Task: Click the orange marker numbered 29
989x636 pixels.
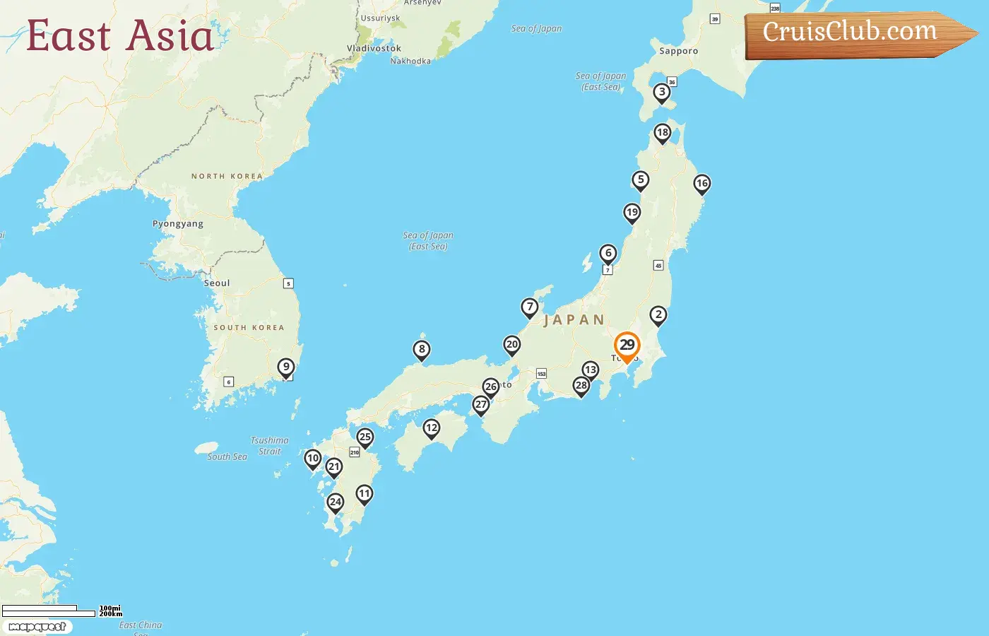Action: [x=627, y=346]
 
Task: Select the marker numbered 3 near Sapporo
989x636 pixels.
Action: [x=662, y=92]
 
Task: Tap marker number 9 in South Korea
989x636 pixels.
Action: [x=286, y=367]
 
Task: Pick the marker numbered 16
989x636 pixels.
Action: [x=701, y=184]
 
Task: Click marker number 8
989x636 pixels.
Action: [x=422, y=349]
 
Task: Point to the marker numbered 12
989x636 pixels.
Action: [x=432, y=428]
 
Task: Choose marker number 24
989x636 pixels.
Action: [x=336, y=502]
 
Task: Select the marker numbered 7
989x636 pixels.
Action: [x=530, y=307]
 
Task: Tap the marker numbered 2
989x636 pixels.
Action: [x=658, y=314]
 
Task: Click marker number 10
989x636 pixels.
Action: [x=313, y=459]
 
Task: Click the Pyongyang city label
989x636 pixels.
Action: [x=178, y=224]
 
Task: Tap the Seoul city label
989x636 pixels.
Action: [x=217, y=283]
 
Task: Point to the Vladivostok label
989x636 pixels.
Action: [x=374, y=49]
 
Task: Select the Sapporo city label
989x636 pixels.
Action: [x=678, y=52]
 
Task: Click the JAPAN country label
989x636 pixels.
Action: [x=574, y=320]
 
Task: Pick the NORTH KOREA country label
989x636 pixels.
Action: [x=227, y=177]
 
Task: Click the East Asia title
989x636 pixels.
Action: [x=120, y=36]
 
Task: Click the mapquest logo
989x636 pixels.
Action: [x=37, y=627]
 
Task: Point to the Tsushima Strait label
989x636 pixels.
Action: [x=270, y=446]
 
